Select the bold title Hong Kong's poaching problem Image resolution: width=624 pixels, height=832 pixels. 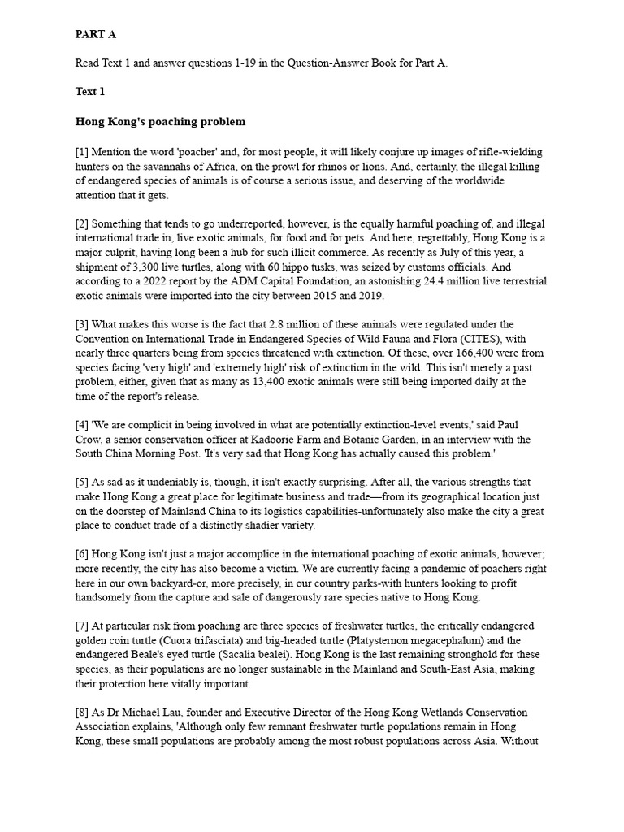(x=160, y=122)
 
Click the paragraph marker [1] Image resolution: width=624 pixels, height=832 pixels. (x=82, y=152)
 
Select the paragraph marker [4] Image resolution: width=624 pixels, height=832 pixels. (x=82, y=425)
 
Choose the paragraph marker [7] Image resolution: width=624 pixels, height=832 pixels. (x=82, y=626)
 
